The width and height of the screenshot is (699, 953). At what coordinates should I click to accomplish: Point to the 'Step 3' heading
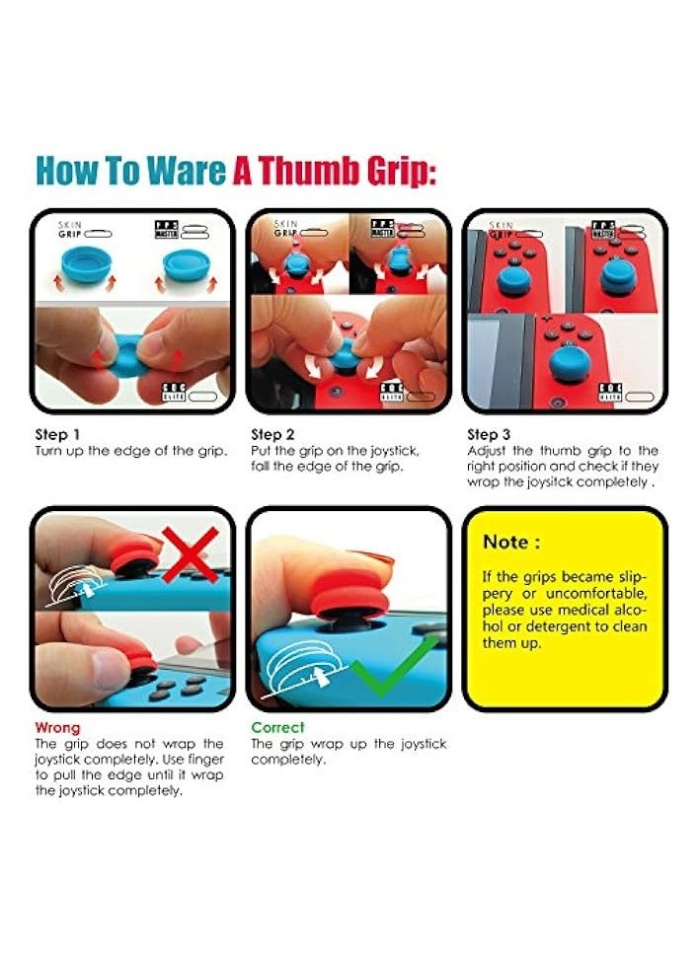click(489, 434)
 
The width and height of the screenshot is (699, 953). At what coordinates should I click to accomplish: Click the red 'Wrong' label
click(56, 727)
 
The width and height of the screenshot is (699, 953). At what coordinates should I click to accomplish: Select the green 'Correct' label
click(277, 727)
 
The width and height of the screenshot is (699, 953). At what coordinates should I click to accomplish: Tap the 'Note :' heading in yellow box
click(510, 542)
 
